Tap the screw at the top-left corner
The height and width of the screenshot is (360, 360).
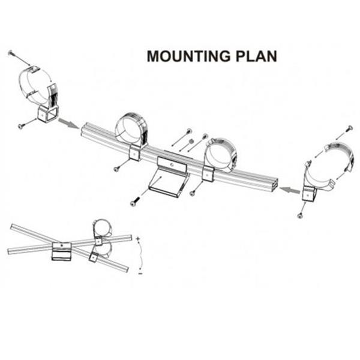click(11, 53)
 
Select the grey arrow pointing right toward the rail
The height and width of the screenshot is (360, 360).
click(68, 124)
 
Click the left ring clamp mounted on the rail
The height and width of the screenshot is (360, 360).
click(132, 129)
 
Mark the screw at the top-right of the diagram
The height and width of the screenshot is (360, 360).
click(350, 128)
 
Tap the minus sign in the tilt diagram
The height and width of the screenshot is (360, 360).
click(139, 272)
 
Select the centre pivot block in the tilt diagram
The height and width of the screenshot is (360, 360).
click(61, 251)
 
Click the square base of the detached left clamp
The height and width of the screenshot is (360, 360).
click(48, 113)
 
